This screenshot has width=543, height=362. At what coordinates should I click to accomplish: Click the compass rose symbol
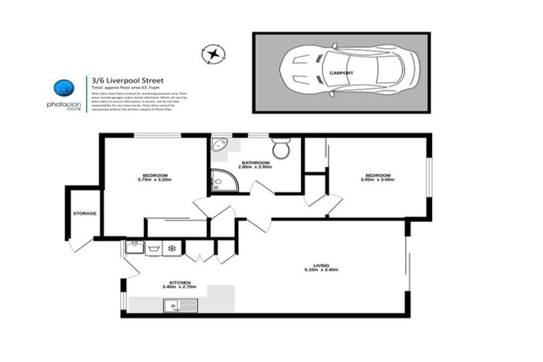point(213,54)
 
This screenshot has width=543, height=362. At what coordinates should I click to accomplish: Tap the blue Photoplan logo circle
point(64,88)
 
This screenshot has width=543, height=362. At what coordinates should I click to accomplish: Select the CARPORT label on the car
point(341,73)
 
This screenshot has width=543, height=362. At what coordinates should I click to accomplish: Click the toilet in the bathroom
point(281,149)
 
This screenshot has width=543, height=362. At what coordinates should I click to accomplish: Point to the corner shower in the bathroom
point(224,182)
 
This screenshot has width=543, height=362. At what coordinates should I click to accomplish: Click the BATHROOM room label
point(256,163)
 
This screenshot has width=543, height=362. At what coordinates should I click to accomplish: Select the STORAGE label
point(85,214)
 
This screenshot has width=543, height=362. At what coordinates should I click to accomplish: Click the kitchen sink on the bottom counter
point(175,305)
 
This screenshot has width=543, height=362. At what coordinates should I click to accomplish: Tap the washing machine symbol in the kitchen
point(153,248)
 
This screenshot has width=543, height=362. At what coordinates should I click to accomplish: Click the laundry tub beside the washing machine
point(134,248)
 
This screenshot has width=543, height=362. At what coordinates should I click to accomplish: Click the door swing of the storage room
point(80,244)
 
